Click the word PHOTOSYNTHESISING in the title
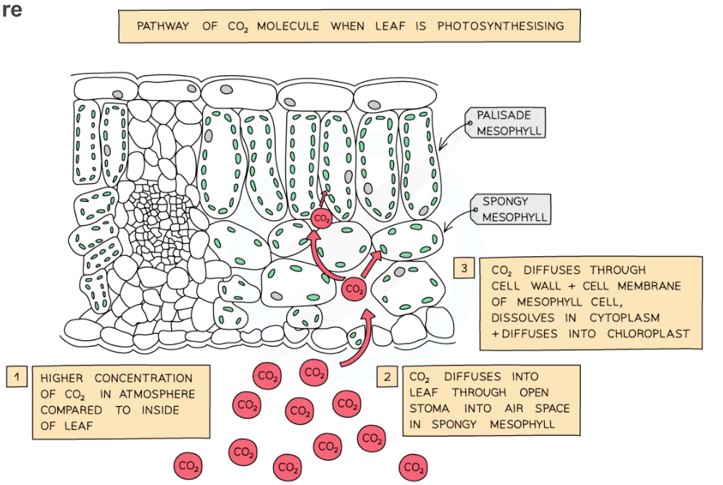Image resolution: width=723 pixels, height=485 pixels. pyautogui.click(x=501, y=26)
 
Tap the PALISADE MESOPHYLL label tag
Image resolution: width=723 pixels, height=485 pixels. pyautogui.click(x=505, y=123)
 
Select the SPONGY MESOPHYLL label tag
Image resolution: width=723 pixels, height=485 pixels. pyautogui.click(x=511, y=209)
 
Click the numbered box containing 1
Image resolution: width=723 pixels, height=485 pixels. pyautogui.click(x=17, y=376)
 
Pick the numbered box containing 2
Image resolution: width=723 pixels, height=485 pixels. pyautogui.click(x=387, y=376)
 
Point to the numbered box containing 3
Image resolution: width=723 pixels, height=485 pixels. pyautogui.click(x=464, y=268)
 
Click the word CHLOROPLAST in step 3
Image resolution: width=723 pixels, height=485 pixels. pyautogui.click(x=648, y=334)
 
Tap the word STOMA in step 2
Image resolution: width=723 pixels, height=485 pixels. pyautogui.click(x=430, y=408)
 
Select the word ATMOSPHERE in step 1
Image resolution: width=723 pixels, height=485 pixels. pyautogui.click(x=156, y=395)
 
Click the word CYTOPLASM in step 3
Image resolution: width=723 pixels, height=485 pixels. pyautogui.click(x=624, y=318)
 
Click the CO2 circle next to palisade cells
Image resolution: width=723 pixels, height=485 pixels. pyautogui.click(x=322, y=219)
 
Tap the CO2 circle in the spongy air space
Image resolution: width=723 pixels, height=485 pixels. pyautogui.click(x=354, y=289)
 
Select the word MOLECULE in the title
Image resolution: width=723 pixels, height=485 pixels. pyautogui.click(x=288, y=26)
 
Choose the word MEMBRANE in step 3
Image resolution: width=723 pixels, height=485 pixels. pyautogui.click(x=649, y=286)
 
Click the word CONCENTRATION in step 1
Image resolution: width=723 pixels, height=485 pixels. pyautogui.click(x=143, y=378)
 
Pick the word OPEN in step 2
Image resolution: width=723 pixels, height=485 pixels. pyautogui.click(x=534, y=392)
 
